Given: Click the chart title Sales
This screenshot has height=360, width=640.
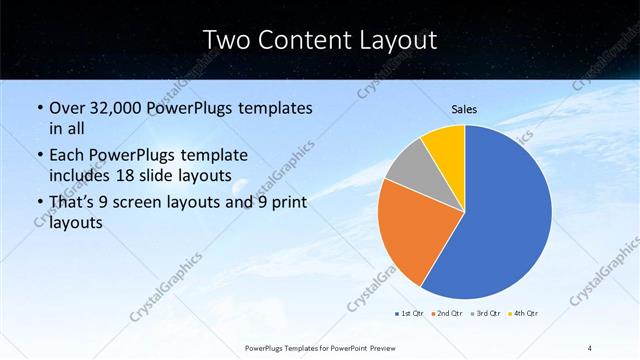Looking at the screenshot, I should coord(464,109).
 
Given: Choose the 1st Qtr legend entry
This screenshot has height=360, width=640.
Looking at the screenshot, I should coord(412,314).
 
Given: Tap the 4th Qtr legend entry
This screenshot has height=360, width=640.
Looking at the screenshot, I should coord(525,314).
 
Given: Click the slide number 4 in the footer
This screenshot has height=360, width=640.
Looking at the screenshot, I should coord(590,347).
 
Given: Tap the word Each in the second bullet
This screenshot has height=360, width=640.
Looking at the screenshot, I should coord(66,156).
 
